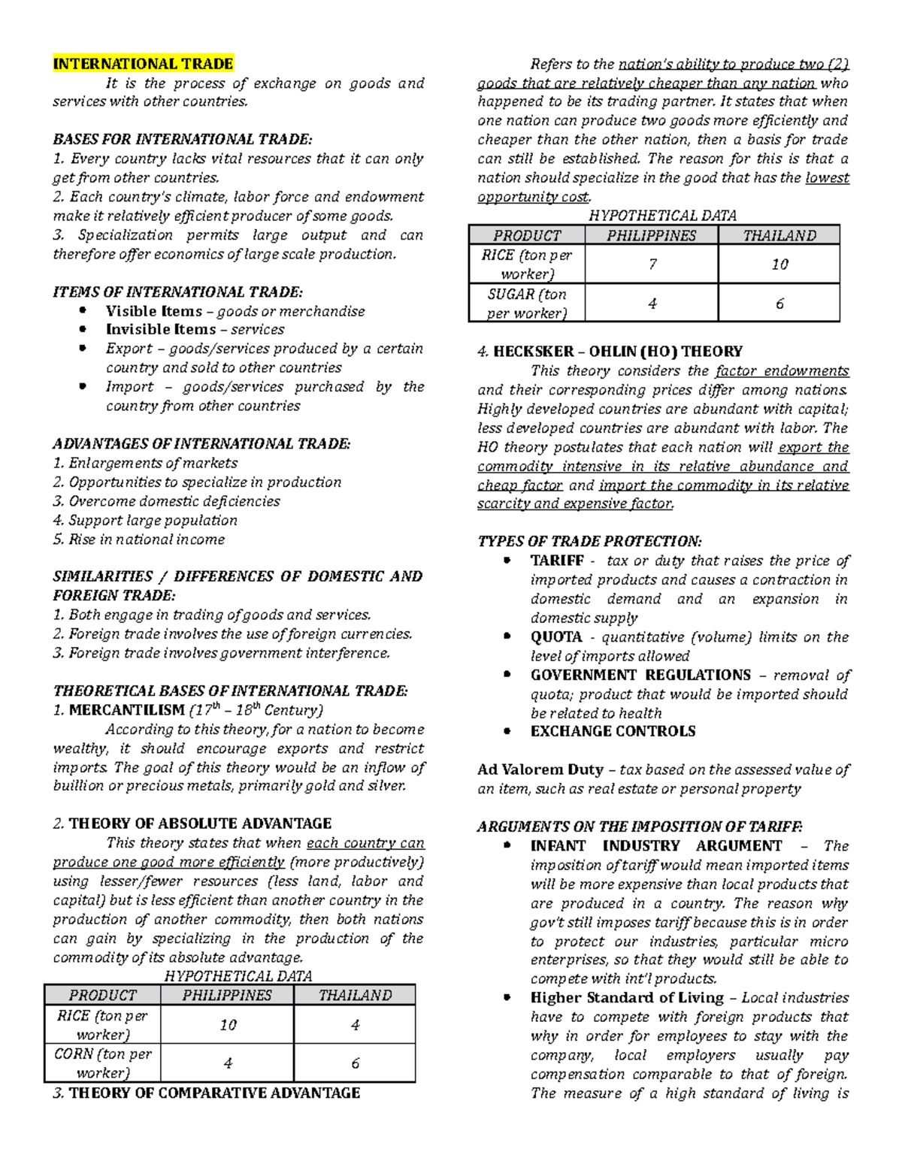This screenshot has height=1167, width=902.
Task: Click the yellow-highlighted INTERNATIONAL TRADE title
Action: point(143,64)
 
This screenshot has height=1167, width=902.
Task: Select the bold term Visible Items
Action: point(154,311)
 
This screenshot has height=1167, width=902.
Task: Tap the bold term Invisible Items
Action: point(160,330)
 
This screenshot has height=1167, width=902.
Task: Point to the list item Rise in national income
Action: point(146,540)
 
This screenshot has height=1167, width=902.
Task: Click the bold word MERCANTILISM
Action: point(126,710)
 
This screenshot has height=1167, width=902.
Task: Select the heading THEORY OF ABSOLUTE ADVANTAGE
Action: point(200,824)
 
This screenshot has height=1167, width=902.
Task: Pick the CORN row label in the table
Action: point(102,1063)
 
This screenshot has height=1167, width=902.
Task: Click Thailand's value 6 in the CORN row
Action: point(355,1063)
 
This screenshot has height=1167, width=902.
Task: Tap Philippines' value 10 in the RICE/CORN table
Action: point(228,1025)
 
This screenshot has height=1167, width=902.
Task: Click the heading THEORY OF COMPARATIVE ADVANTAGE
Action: point(214,1093)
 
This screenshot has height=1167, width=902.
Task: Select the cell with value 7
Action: point(652,265)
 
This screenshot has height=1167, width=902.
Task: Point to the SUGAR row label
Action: point(526,304)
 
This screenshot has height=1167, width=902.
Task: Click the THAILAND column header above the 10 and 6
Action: point(779,236)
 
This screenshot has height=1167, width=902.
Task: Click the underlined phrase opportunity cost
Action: point(533,197)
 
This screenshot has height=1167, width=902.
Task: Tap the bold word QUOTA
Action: point(556,637)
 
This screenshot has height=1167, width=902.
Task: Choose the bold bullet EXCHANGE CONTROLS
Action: point(613,731)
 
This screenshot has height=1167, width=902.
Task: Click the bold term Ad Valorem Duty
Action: point(540,769)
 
